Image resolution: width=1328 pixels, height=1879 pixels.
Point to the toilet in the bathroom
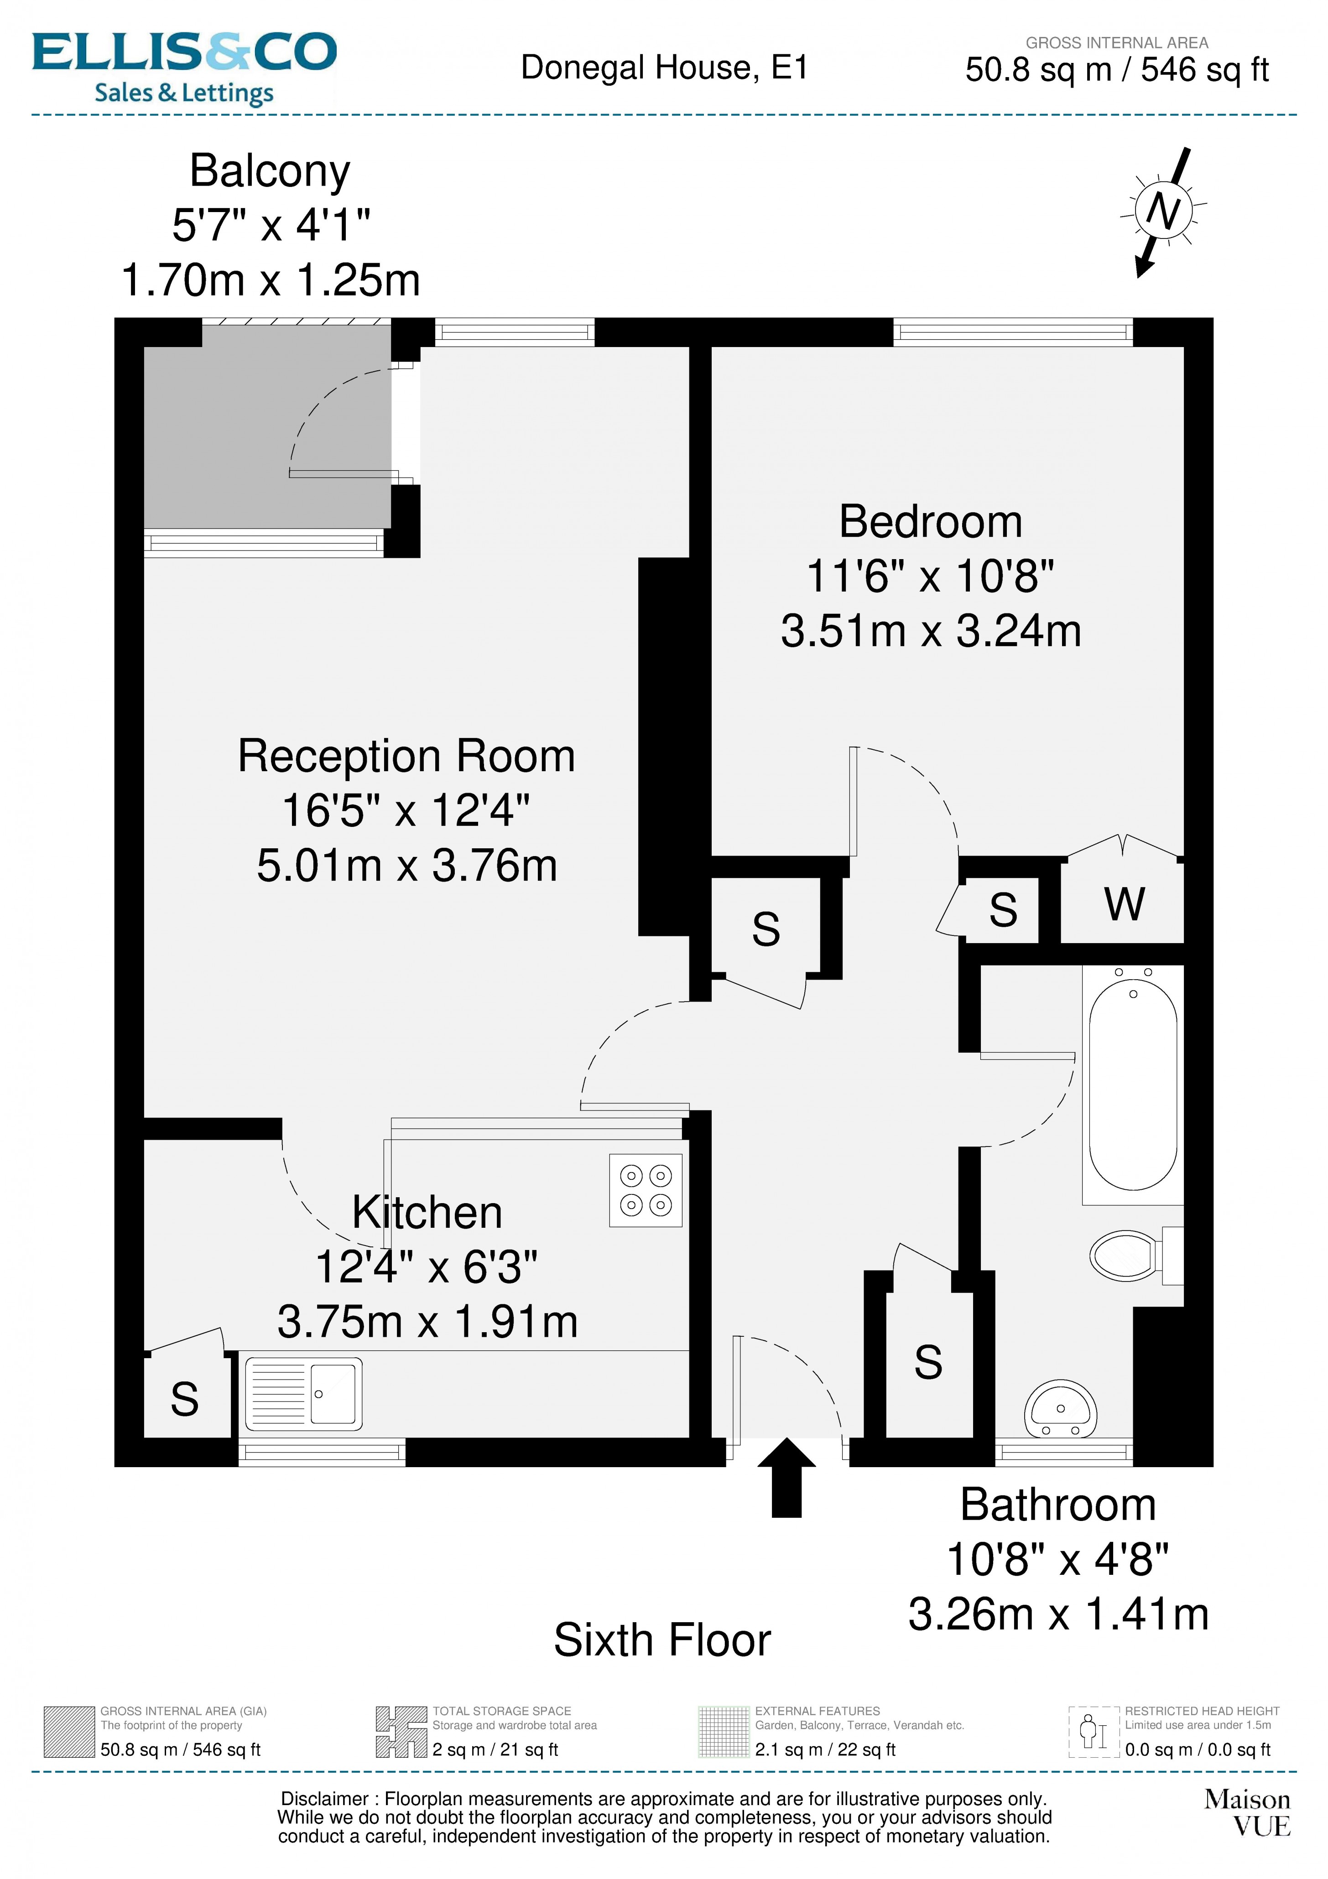point(1128,1256)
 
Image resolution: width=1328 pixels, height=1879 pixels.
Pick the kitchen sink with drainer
point(304,1394)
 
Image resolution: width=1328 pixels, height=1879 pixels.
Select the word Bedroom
point(931,522)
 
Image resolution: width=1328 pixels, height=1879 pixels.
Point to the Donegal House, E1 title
point(664,68)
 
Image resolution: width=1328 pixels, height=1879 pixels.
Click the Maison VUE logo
point(1247,1812)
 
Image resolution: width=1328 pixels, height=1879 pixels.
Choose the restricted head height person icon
point(1093,1732)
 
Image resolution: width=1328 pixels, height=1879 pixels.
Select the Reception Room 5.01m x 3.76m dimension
point(407,866)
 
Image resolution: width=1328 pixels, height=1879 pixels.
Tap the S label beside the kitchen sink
point(184,1399)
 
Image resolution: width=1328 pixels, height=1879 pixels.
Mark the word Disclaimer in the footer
point(324,1799)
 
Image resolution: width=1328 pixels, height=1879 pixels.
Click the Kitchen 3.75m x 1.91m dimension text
point(427,1322)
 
